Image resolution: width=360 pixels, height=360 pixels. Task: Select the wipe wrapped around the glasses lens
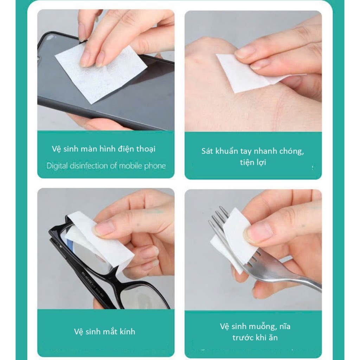coord(99,241)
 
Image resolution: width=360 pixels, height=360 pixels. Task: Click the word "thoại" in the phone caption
coord(146,149)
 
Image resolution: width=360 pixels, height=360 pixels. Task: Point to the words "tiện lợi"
coord(253,162)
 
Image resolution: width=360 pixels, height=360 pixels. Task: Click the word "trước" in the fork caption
coord(243,338)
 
